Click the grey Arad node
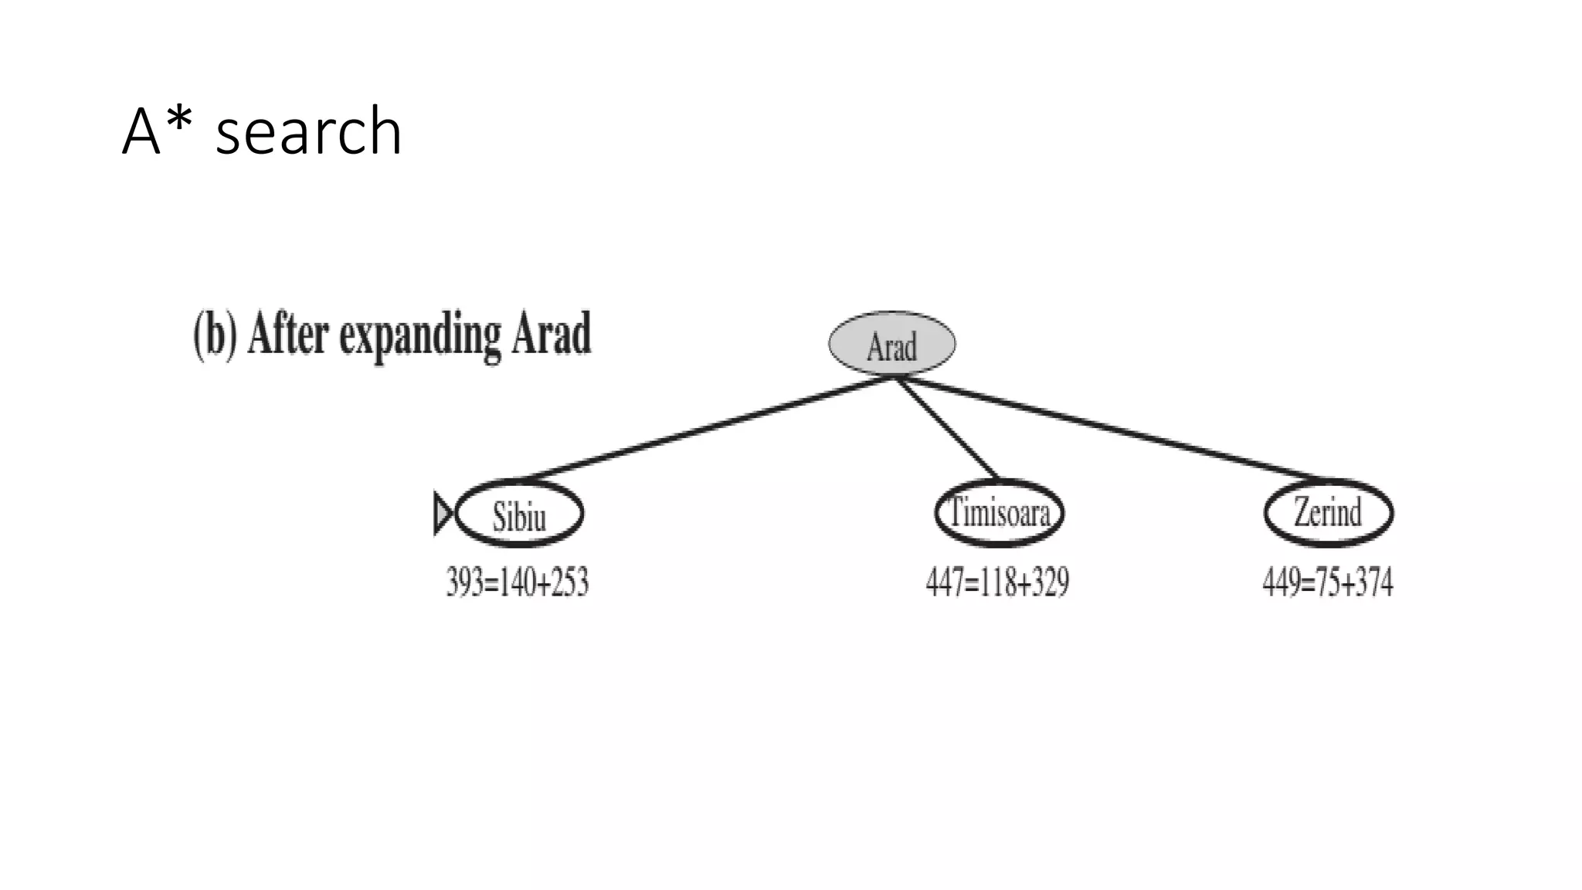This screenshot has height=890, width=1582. (x=891, y=344)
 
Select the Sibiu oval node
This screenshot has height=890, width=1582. (x=519, y=514)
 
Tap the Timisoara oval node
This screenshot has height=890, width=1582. (x=999, y=512)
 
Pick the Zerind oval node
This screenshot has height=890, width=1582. (x=1328, y=512)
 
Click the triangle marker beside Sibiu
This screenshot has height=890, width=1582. (x=443, y=513)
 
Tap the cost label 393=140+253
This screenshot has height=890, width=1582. (x=518, y=582)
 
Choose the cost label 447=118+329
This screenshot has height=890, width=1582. (x=997, y=582)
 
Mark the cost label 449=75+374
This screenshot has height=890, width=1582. (x=1327, y=582)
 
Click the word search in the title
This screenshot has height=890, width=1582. (x=308, y=131)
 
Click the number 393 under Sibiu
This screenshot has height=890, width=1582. (x=465, y=582)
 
